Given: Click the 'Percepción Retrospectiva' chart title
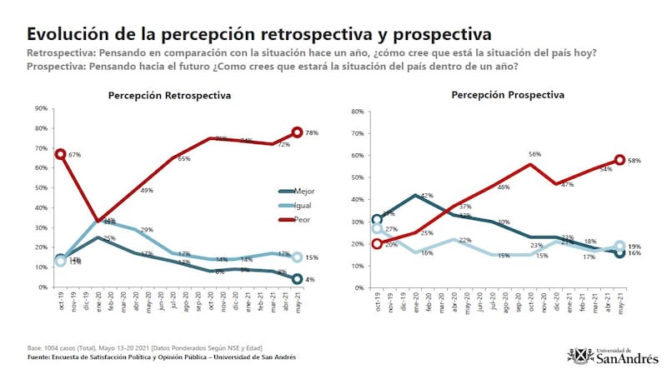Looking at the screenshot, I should (169, 97).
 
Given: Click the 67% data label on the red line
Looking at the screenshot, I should (74, 155).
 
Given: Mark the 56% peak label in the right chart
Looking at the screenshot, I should (536, 155).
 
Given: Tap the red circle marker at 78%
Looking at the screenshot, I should (297, 132).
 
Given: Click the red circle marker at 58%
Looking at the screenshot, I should (620, 160).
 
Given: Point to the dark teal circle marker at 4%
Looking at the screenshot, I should (297, 279).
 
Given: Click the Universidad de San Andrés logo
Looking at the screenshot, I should (614, 354).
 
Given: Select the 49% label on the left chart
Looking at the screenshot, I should (147, 191).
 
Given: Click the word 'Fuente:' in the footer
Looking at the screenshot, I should (42, 357).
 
